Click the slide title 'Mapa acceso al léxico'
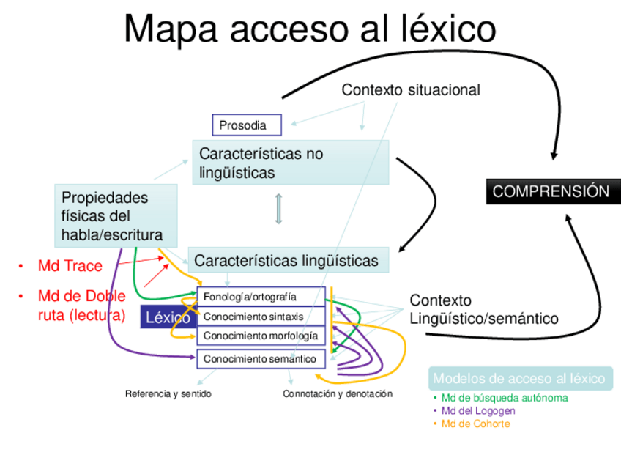pos(310,30)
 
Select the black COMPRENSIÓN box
pos(550,191)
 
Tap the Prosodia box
pos(247,125)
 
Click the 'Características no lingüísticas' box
pos(290,163)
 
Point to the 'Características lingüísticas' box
pos(289,260)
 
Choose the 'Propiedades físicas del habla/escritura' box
pos(116,216)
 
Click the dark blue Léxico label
pos(168,317)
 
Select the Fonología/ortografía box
pos(261,297)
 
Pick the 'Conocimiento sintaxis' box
pos(261,317)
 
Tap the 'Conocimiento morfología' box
pos(261,336)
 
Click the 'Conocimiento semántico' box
pos(261,359)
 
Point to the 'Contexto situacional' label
pos(410,90)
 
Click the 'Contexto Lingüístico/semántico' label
pos(483,310)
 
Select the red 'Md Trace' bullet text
pos(70,266)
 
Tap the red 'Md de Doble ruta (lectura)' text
pos(81,306)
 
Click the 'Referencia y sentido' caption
pos(168,394)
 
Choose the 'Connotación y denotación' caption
pos(338,394)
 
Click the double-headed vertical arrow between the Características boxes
pos(278,210)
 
